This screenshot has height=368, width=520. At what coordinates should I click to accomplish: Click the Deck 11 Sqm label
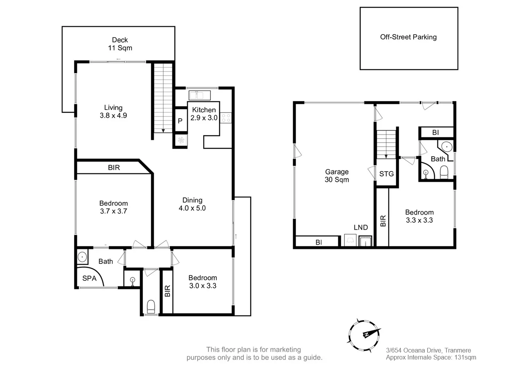(120, 44)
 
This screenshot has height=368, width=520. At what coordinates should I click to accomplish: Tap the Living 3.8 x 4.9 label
(113, 112)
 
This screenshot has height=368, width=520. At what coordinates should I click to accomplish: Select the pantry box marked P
(180, 121)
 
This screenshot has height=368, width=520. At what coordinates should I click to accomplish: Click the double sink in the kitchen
(199, 95)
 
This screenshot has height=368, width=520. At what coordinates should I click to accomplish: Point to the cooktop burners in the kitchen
(226, 118)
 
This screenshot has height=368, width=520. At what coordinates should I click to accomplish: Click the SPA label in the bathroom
(89, 278)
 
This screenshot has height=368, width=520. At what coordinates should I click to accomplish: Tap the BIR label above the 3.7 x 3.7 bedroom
(114, 168)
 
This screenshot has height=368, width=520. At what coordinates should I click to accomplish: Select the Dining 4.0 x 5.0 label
(192, 204)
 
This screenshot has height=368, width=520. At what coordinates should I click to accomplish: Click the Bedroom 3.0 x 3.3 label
(202, 282)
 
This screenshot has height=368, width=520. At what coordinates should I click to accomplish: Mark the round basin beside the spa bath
(82, 256)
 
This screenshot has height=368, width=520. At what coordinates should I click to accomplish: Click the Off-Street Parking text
(408, 37)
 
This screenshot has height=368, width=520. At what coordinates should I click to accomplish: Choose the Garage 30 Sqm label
(337, 175)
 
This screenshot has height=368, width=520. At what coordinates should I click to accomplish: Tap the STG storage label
(386, 174)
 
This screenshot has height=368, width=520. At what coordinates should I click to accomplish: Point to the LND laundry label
(361, 227)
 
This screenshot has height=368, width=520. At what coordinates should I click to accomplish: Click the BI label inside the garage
(318, 242)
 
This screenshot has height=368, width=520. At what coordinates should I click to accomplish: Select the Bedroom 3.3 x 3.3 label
(419, 216)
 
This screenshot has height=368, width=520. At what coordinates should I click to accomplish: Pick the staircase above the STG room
(386, 144)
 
